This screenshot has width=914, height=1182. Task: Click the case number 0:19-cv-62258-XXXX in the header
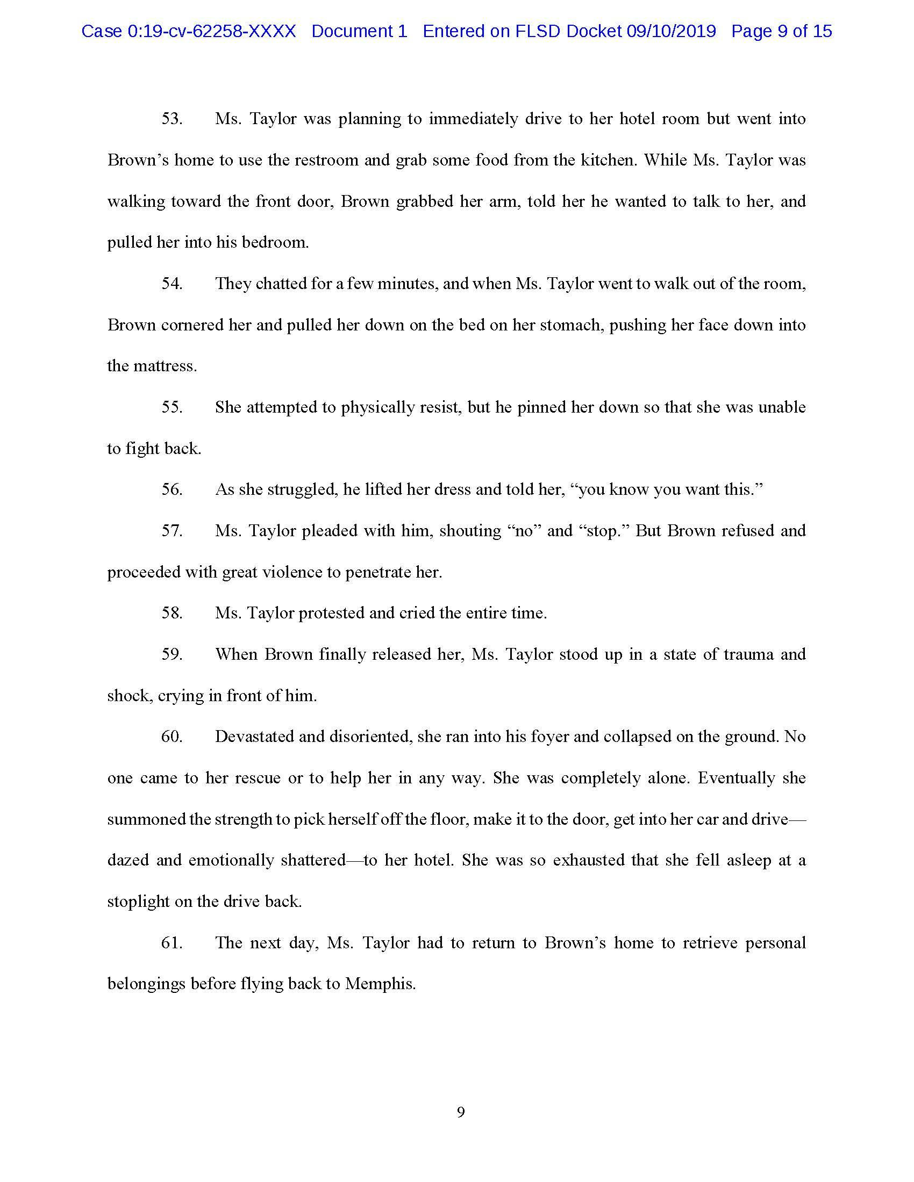(212, 31)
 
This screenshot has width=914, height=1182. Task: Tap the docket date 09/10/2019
(671, 31)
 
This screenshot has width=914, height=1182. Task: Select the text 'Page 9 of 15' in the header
(781, 31)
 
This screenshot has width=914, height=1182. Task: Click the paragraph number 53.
(172, 119)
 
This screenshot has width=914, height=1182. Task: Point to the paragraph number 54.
(172, 284)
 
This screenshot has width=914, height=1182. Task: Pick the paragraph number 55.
(172, 408)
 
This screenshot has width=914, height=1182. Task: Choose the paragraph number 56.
(172, 490)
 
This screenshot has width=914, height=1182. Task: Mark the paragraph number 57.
(172, 531)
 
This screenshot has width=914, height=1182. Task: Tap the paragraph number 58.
(172, 613)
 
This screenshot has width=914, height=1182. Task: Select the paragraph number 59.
(172, 655)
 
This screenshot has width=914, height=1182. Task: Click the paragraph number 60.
(172, 737)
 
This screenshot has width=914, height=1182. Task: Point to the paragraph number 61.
(172, 943)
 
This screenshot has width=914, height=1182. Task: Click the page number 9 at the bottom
(461, 1113)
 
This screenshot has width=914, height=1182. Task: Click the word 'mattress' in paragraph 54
(163, 366)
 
